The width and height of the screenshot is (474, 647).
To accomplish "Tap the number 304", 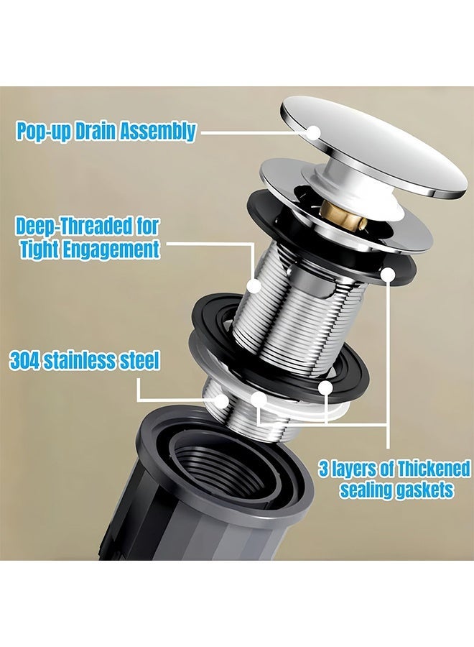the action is [24, 360].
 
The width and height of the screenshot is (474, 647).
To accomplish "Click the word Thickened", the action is [433, 469].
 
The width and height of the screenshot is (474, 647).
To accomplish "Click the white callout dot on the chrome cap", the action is [313, 132].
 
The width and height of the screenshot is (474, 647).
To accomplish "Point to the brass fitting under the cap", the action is [343, 214].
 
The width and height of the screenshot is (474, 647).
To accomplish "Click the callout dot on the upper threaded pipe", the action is [254, 285].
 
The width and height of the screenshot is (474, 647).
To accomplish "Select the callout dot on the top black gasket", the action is [388, 275].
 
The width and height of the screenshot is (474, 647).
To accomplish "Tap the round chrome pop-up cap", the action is [374, 147].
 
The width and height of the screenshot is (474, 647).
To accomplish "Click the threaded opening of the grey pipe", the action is [223, 465].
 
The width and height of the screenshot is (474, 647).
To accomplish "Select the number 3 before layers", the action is [323, 469].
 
